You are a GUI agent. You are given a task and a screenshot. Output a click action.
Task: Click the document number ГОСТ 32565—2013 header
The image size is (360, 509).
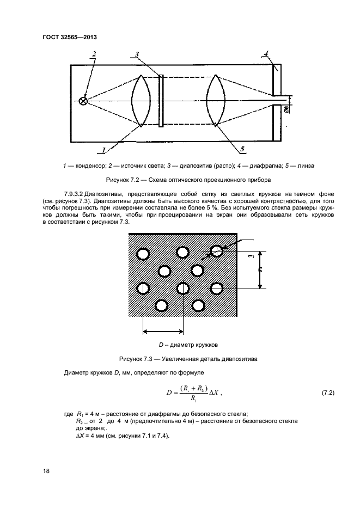73,38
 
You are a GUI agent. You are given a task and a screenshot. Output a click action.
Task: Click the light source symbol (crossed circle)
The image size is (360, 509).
83,101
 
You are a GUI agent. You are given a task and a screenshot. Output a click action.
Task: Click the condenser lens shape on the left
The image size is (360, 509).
141,101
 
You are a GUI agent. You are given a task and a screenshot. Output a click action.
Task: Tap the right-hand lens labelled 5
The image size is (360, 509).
216,101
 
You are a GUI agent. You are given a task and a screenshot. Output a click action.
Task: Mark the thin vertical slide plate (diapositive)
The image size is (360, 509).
161,101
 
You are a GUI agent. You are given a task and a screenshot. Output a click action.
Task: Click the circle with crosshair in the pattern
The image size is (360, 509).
217,251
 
